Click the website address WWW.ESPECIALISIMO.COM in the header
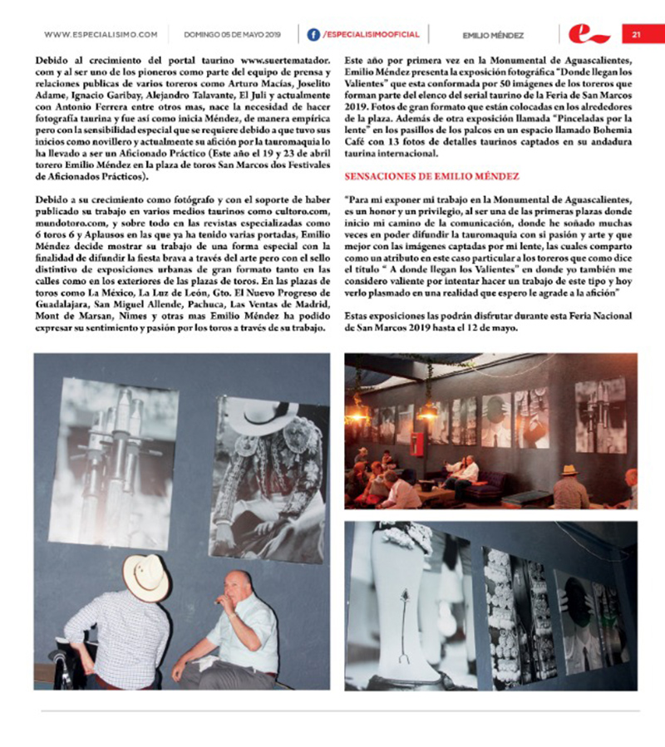101,35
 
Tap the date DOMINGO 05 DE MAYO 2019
223,35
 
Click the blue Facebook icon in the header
313,35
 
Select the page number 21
636,35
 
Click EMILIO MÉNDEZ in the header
493,35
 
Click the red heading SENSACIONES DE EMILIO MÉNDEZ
432,177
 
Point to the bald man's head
238,587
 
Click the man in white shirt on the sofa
461,475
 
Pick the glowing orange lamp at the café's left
360,410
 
